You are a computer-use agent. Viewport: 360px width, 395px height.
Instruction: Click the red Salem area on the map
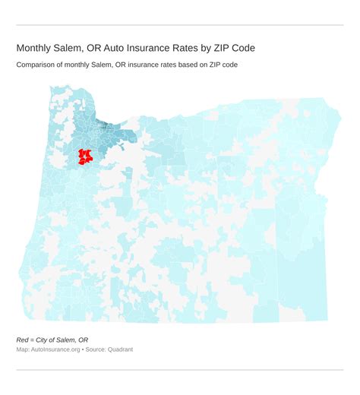84,157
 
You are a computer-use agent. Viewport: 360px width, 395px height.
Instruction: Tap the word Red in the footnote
23,340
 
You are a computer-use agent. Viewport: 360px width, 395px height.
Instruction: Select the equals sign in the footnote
34,340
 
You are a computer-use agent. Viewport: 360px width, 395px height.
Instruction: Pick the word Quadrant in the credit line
118,349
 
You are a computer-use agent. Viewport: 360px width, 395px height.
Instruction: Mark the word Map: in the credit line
23,349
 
